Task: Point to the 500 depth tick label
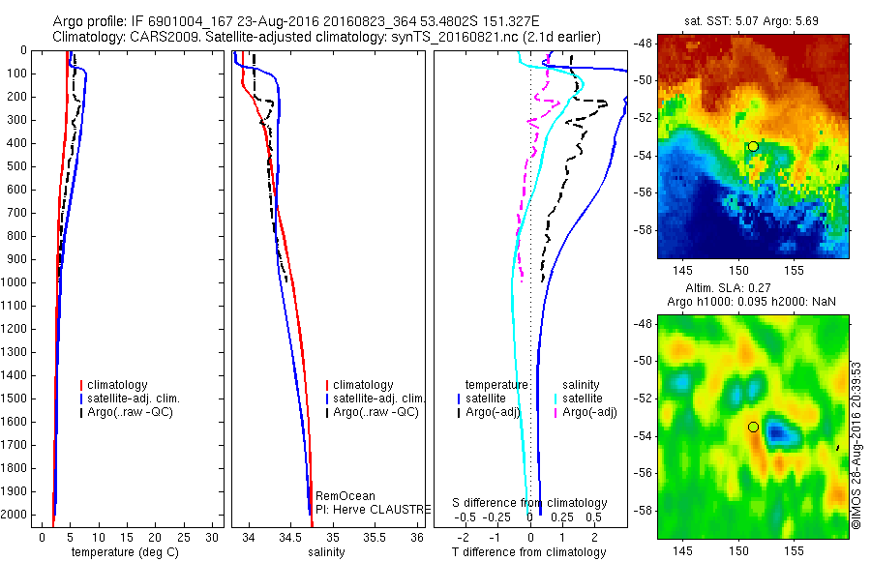17,166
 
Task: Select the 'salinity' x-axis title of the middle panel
326,552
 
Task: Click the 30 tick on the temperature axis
215,536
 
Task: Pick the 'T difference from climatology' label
528,552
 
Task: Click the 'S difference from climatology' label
529,503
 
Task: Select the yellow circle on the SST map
753,146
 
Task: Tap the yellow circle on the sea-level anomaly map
753,427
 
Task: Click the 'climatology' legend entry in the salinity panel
363,385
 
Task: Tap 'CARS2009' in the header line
155,37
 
